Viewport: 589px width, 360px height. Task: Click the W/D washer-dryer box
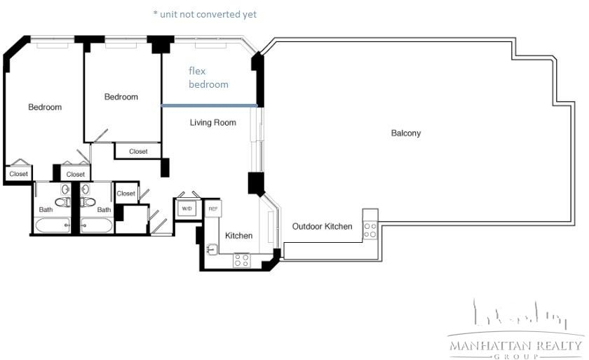click(187, 208)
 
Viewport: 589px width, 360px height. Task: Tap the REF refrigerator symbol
click(213, 208)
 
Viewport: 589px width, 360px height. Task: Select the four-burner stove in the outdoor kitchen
click(370, 230)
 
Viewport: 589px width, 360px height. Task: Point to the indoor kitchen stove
click(241, 260)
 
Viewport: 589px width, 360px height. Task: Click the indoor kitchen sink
click(212, 248)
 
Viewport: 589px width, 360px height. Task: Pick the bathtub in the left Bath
click(53, 225)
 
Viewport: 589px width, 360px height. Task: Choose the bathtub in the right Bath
click(96, 225)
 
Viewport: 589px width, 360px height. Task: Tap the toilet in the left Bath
click(62, 202)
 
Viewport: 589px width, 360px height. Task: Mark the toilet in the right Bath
click(88, 202)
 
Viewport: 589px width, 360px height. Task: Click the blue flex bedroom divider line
click(209, 105)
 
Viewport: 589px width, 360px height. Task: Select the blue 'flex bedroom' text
click(208, 77)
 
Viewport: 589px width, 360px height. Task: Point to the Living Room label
click(212, 123)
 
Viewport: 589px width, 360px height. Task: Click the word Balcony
click(406, 133)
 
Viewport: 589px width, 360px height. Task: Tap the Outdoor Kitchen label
click(323, 226)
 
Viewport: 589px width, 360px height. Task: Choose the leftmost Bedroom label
click(45, 107)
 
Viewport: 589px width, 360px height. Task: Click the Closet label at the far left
click(18, 174)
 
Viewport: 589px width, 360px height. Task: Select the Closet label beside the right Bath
click(126, 194)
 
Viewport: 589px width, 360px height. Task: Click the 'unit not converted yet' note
click(205, 15)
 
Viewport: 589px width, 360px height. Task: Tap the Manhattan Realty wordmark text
click(515, 345)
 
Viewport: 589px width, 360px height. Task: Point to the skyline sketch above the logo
click(520, 314)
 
